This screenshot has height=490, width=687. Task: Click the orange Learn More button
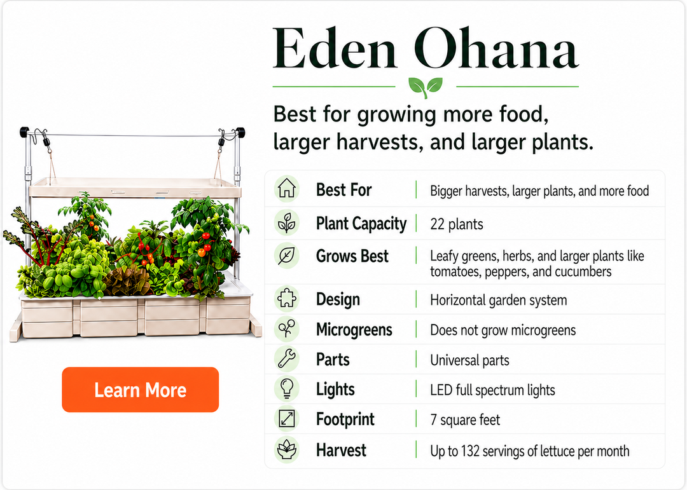(140, 390)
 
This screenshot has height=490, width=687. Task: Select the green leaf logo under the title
(426, 85)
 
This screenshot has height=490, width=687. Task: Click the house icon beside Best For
(286, 189)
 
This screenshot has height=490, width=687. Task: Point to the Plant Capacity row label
(361, 224)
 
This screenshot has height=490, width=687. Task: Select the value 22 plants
(456, 224)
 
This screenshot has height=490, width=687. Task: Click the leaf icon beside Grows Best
(286, 257)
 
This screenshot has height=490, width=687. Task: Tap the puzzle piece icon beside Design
(286, 299)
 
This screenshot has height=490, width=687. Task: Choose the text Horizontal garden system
(498, 299)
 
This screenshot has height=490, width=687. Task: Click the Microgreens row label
(354, 330)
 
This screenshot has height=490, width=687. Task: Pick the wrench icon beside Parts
(286, 360)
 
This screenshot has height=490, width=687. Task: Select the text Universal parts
(469, 360)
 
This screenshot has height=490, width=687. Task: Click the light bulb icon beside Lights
(286, 389)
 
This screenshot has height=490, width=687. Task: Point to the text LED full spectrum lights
(492, 390)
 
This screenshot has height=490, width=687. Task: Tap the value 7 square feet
(464, 420)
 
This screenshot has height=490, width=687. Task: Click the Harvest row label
(341, 450)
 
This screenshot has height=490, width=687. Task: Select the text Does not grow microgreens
(503, 330)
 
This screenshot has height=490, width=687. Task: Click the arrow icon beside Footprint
(286, 419)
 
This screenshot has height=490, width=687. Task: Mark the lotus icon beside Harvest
(286, 449)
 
